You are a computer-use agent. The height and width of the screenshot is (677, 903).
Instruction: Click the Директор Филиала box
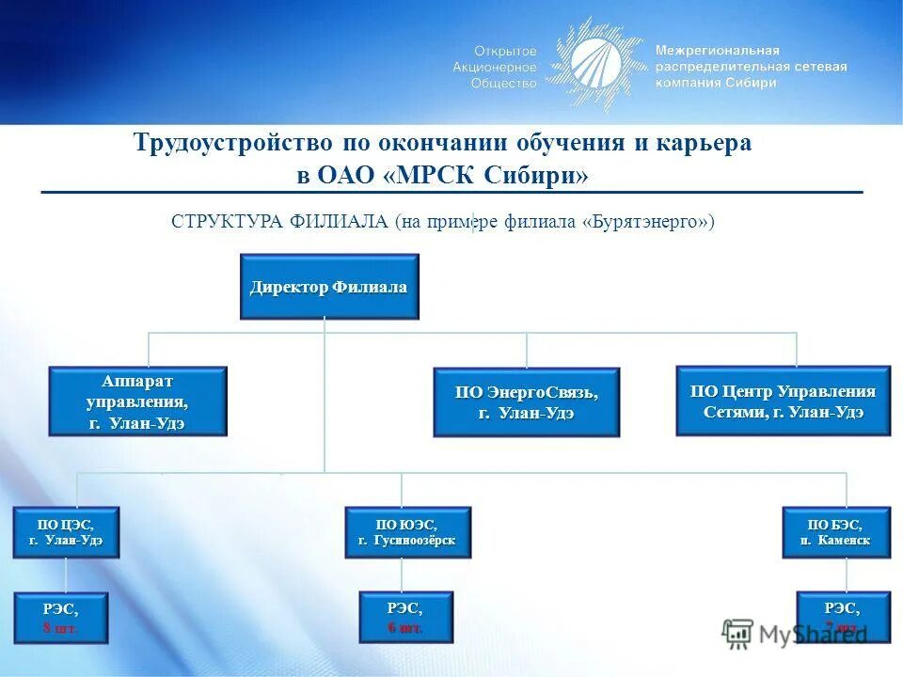(329, 287)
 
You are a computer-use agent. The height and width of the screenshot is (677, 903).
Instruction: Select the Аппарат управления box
(137, 401)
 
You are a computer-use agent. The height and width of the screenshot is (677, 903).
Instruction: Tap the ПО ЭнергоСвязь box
(526, 402)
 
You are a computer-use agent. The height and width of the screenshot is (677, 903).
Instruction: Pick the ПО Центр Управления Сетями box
(783, 401)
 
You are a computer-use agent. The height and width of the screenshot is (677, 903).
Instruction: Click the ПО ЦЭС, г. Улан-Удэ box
(66, 532)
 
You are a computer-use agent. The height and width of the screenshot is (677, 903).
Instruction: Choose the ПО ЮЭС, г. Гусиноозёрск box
(407, 532)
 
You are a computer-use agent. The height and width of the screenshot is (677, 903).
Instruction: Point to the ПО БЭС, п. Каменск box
(836, 532)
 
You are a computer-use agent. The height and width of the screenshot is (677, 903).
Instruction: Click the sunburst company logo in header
(595, 64)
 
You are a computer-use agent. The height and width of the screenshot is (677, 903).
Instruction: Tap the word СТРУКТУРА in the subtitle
(227, 222)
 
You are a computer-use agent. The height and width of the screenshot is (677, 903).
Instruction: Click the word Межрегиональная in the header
(717, 50)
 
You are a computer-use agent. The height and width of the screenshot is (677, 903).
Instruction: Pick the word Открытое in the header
(505, 51)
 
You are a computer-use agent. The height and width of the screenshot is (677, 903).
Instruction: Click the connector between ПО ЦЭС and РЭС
(66, 575)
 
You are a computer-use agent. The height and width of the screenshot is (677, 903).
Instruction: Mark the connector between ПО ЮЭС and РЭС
(402, 575)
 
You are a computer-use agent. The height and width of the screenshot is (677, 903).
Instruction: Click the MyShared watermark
(795, 633)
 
